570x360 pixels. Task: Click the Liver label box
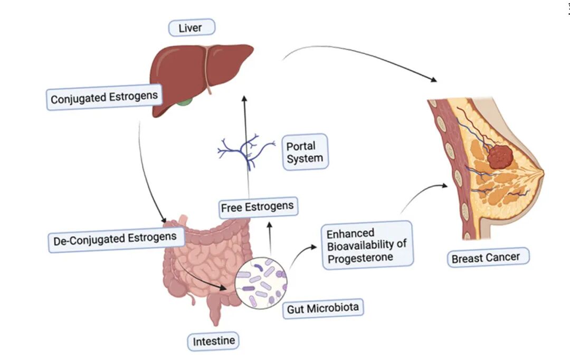pyautogui.click(x=190, y=27)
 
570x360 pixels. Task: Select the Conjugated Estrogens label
pyautogui.click(x=104, y=98)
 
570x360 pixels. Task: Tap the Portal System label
pyautogui.click(x=305, y=152)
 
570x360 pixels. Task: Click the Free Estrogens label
pyautogui.click(x=258, y=206)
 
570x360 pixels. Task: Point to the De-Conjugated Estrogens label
pyautogui.click(x=115, y=239)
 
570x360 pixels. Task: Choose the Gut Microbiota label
pyautogui.click(x=324, y=308)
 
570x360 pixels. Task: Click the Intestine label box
pyautogui.click(x=213, y=340)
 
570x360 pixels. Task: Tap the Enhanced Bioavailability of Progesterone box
pyautogui.click(x=367, y=245)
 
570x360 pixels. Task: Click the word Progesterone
pyautogui.click(x=360, y=258)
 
